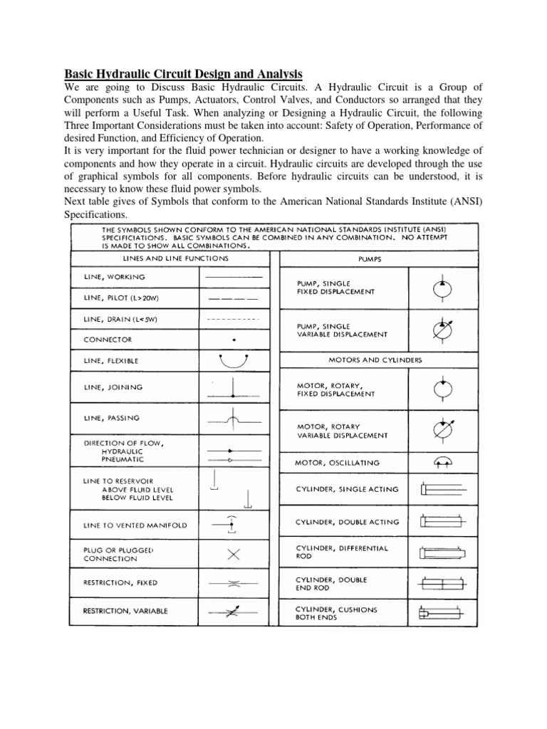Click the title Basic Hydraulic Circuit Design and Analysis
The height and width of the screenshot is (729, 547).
point(184,73)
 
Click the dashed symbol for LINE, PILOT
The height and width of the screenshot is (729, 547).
point(234,298)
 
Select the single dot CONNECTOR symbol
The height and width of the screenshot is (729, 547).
point(234,340)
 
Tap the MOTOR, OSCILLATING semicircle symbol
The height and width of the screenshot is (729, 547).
point(442,462)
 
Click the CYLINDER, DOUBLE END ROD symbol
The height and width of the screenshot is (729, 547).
point(442,584)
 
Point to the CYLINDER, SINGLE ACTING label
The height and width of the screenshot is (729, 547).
point(347,489)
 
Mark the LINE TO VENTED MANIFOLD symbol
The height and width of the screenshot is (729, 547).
point(231,524)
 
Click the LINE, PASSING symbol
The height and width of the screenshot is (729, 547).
point(233,420)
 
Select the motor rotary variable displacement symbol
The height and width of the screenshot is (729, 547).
point(442,430)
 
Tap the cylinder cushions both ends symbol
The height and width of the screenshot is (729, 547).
point(442,614)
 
